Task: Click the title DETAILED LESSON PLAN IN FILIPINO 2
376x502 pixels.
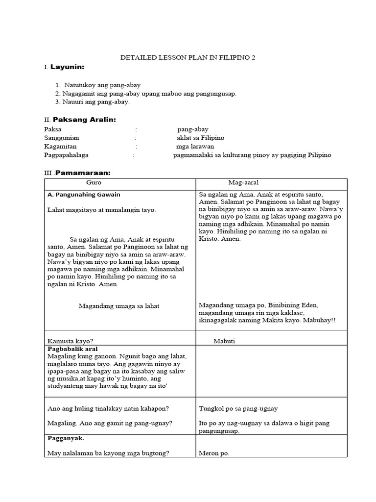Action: pyautogui.click(x=188, y=58)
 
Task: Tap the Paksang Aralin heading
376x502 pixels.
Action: pyautogui.click(x=84, y=120)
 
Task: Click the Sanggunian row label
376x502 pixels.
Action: pyautogui.click(x=61, y=138)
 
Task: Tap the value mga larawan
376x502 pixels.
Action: pyautogui.click(x=195, y=146)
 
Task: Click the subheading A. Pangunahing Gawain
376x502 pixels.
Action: pyautogui.click(x=84, y=195)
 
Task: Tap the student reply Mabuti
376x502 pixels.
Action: pyautogui.click(x=224, y=341)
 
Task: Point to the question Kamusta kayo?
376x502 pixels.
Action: pyautogui.click(x=70, y=341)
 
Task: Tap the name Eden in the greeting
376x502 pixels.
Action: pyautogui.click(x=308, y=305)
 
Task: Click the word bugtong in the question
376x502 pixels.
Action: pyautogui.click(x=155, y=453)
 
